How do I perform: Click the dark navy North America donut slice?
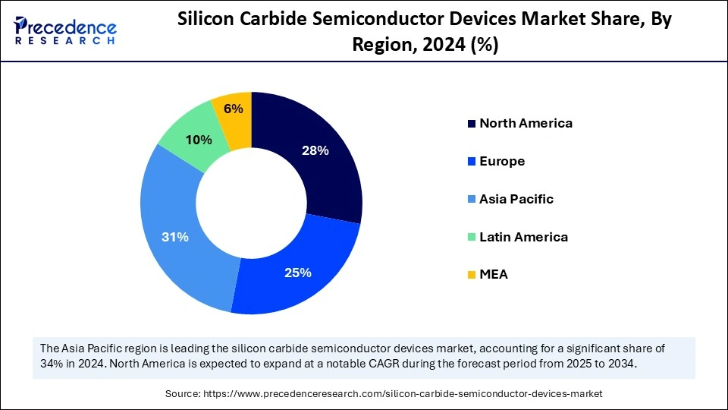tap(318, 167)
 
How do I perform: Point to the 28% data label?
tap(315, 150)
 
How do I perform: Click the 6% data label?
tap(233, 109)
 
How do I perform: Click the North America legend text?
tap(526, 123)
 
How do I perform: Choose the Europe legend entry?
tap(502, 161)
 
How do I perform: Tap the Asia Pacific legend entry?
tap(516, 199)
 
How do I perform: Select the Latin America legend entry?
tap(523, 237)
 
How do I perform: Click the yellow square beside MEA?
tap(471, 275)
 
